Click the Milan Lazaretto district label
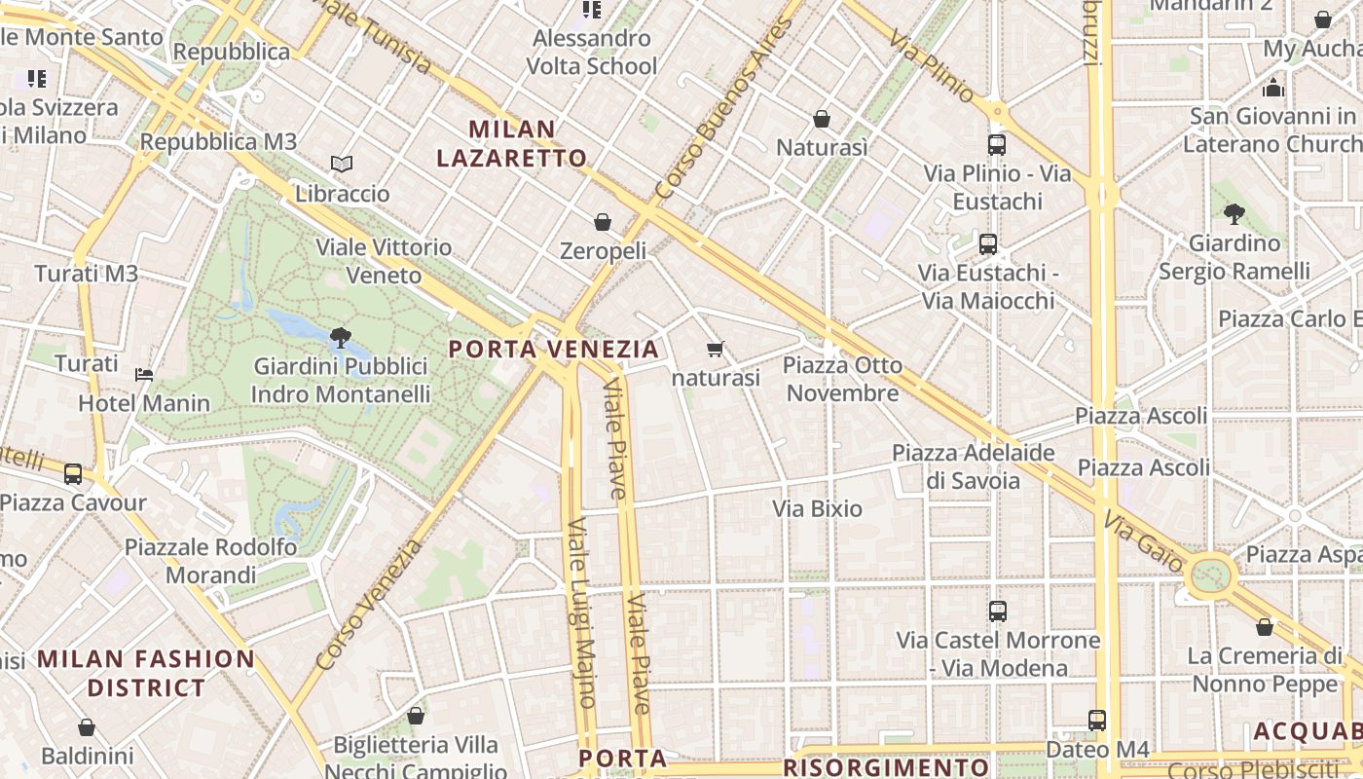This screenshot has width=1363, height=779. tap(511, 143)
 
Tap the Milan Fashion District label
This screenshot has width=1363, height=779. tap(146, 673)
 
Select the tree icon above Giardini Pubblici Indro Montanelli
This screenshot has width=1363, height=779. tap(341, 339)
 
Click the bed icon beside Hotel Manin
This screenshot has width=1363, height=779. tap(144, 374)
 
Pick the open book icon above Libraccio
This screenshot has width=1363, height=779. tap(342, 164)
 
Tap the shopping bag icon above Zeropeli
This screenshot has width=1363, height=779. tap(603, 222)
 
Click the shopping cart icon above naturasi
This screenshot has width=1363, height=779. tap(716, 349)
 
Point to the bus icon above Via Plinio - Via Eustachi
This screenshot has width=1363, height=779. tap(997, 145)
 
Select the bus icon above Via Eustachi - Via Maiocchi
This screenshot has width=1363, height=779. tap(988, 244)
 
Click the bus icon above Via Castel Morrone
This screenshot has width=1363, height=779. tap(998, 612)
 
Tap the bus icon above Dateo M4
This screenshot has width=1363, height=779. tap(1097, 721)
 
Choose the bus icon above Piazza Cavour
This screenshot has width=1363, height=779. tap(73, 474)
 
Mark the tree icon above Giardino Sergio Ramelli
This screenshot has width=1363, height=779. tap(1234, 213)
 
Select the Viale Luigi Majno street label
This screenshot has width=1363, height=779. tap(581, 613)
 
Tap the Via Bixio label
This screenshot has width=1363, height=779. tap(818, 508)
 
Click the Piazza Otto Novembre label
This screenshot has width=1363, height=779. tap(843, 379)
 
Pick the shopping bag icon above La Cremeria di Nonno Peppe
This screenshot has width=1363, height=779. tap(1265, 627)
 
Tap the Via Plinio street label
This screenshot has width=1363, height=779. tap(933, 66)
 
